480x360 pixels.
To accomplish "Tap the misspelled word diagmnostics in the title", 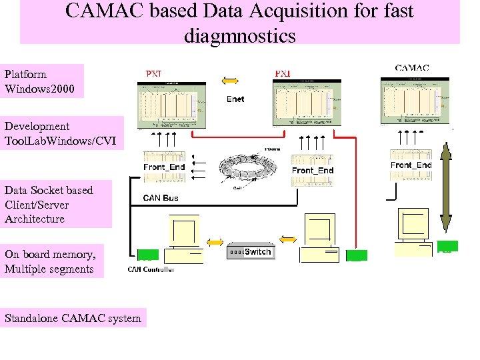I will pos(239,35).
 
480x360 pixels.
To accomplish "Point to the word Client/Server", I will pos(37,205).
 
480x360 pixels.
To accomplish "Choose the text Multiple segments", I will pos(49,269).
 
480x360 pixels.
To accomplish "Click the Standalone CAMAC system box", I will pos(73,318).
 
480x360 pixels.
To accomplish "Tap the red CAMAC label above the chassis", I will pos(411,68).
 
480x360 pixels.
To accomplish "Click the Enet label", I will pos(235,99).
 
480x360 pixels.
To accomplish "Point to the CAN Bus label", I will pos(161,197).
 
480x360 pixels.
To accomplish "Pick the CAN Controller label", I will pos(151,269).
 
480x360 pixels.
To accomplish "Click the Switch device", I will pos(250,251).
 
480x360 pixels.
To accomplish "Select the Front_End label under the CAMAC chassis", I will pos(411,165).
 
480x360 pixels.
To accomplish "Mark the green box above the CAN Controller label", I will pos(147,255).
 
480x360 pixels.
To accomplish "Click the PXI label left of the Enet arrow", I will pos(153,73).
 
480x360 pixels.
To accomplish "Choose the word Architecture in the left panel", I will pos(35,219).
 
